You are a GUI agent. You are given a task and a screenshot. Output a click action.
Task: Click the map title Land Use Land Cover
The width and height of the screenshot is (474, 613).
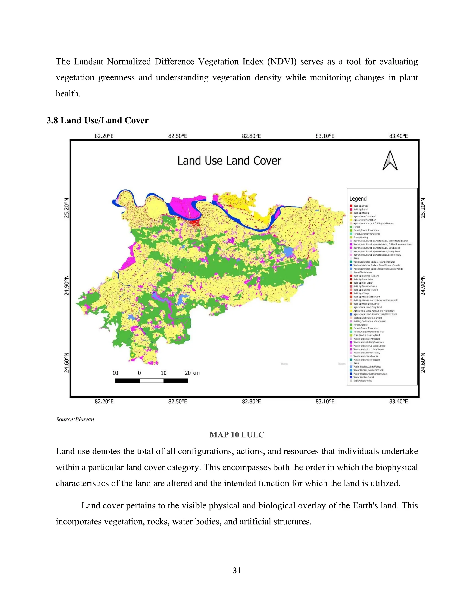[229, 161]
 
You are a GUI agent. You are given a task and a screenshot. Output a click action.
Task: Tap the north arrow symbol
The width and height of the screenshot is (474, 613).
[390, 160]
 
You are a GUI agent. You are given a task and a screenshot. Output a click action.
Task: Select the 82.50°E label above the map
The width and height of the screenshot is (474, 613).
[178, 136]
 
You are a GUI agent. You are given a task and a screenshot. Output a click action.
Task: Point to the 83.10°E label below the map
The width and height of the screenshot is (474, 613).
[325, 402]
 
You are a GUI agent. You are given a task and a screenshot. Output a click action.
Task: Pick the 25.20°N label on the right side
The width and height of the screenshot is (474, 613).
[423, 208]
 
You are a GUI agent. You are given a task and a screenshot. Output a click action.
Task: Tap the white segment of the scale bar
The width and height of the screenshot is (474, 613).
[151, 381]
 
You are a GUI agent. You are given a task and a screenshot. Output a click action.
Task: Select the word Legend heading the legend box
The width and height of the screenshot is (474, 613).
[358, 199]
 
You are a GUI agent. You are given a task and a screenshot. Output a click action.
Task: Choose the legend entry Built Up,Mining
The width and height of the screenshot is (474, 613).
[361, 213]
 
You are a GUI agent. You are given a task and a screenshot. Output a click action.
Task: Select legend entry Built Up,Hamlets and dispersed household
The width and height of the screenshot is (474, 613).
[375, 300]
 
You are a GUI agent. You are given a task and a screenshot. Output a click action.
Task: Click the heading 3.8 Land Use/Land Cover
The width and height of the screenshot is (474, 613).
[97, 121]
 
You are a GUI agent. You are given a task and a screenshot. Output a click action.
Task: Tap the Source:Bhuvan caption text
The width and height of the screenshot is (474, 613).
[75, 419]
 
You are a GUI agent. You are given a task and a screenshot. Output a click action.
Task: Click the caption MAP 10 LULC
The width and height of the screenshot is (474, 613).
[237, 435]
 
